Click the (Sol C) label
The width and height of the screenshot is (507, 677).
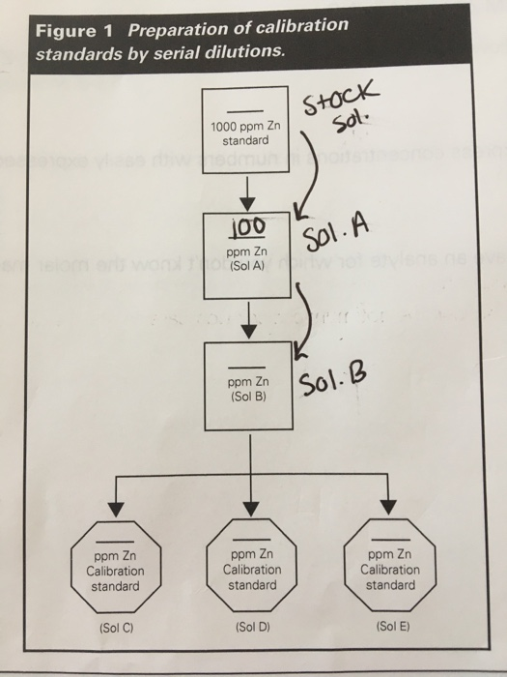coord(117,628)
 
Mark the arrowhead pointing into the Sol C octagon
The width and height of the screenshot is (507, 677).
coord(117,506)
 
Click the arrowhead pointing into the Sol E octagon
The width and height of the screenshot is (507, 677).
coord(389,506)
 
